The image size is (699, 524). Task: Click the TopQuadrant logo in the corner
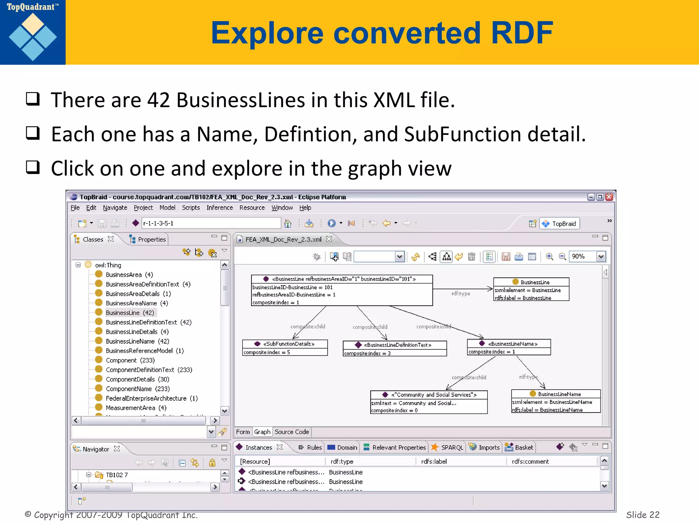(33, 32)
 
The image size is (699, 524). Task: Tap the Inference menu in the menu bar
(219, 208)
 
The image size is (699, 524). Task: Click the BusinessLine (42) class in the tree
(129, 313)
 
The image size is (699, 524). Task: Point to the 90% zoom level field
(582, 257)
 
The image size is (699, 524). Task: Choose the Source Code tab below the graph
(291, 432)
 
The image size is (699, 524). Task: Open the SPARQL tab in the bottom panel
(452, 448)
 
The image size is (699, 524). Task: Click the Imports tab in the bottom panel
(488, 448)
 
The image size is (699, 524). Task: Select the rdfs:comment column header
(530, 462)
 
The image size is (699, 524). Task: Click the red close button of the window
(609, 197)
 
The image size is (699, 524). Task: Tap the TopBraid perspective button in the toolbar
(560, 224)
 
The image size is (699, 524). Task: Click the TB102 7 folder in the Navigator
(116, 475)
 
